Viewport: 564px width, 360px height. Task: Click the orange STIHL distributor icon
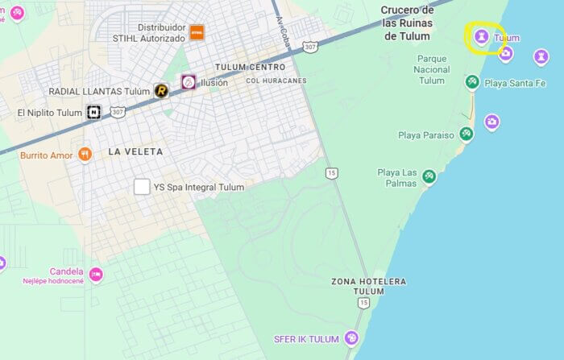pos(197,32)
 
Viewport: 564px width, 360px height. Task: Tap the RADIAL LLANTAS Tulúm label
pos(99,92)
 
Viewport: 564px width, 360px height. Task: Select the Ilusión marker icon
pos(188,82)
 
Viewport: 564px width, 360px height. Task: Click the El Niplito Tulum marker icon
pos(94,112)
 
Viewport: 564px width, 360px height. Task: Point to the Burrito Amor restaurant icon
pos(85,155)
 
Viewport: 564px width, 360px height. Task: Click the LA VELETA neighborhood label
pos(135,151)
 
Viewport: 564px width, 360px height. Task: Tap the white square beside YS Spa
pos(142,187)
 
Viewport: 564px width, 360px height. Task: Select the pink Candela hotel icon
pos(96,275)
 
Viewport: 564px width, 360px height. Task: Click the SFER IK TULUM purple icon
pos(351,338)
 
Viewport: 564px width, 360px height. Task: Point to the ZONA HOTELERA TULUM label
pos(369,286)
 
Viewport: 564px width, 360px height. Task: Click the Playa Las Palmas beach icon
pos(429,176)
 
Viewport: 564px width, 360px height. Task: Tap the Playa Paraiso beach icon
pos(466,134)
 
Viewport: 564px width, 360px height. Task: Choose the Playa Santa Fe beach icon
pos(472,82)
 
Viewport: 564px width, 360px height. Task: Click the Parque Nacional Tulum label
pos(432,69)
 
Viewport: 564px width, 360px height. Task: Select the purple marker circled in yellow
pos(481,36)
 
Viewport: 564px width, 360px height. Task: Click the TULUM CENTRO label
pos(250,67)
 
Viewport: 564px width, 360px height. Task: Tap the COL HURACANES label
pos(276,81)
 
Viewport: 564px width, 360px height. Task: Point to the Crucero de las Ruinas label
pos(408,23)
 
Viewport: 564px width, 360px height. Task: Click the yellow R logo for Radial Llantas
pos(161,91)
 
